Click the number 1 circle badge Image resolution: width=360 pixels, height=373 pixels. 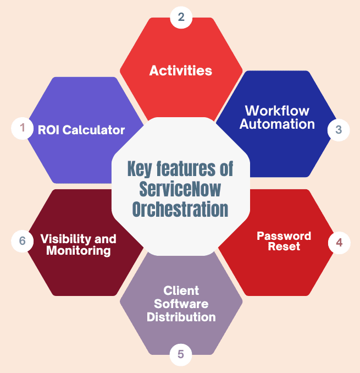(23, 128)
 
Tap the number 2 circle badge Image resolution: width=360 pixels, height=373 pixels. (181, 17)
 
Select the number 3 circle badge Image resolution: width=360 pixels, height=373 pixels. (339, 130)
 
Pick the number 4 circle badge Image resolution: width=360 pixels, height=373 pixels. (339, 242)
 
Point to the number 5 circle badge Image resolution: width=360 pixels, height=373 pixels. (181, 354)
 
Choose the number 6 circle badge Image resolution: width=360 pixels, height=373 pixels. (23, 241)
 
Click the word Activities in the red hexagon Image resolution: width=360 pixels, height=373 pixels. (181, 70)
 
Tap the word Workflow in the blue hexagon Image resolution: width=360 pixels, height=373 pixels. (277, 111)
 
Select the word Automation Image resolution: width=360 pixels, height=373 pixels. (277, 124)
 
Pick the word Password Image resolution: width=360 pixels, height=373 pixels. (284, 236)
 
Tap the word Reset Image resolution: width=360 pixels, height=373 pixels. (284, 246)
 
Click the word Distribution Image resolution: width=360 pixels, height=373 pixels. (181, 317)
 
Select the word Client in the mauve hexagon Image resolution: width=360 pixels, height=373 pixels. (181, 290)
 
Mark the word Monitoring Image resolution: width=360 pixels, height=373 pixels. (79, 251)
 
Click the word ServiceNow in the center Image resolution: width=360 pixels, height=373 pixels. (181, 189)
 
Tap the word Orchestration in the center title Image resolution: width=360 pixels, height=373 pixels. (181, 210)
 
